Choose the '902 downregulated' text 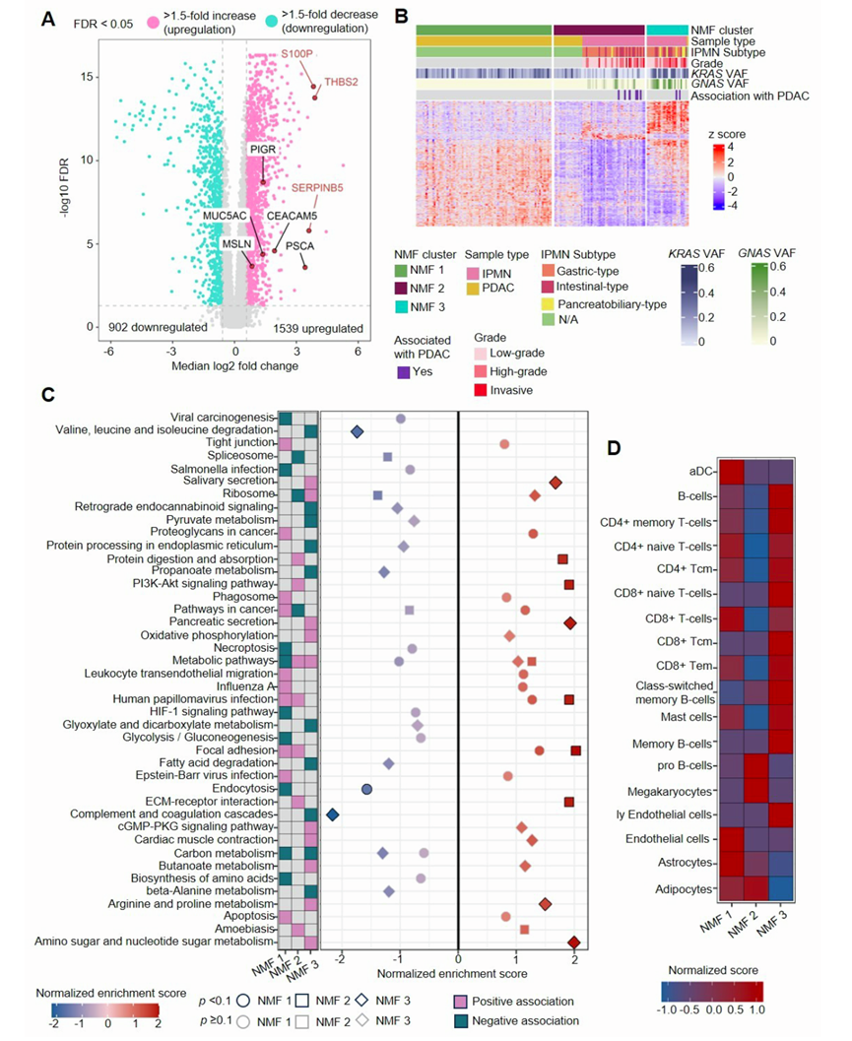[152, 326]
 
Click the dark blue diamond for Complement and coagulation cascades [333, 814]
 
